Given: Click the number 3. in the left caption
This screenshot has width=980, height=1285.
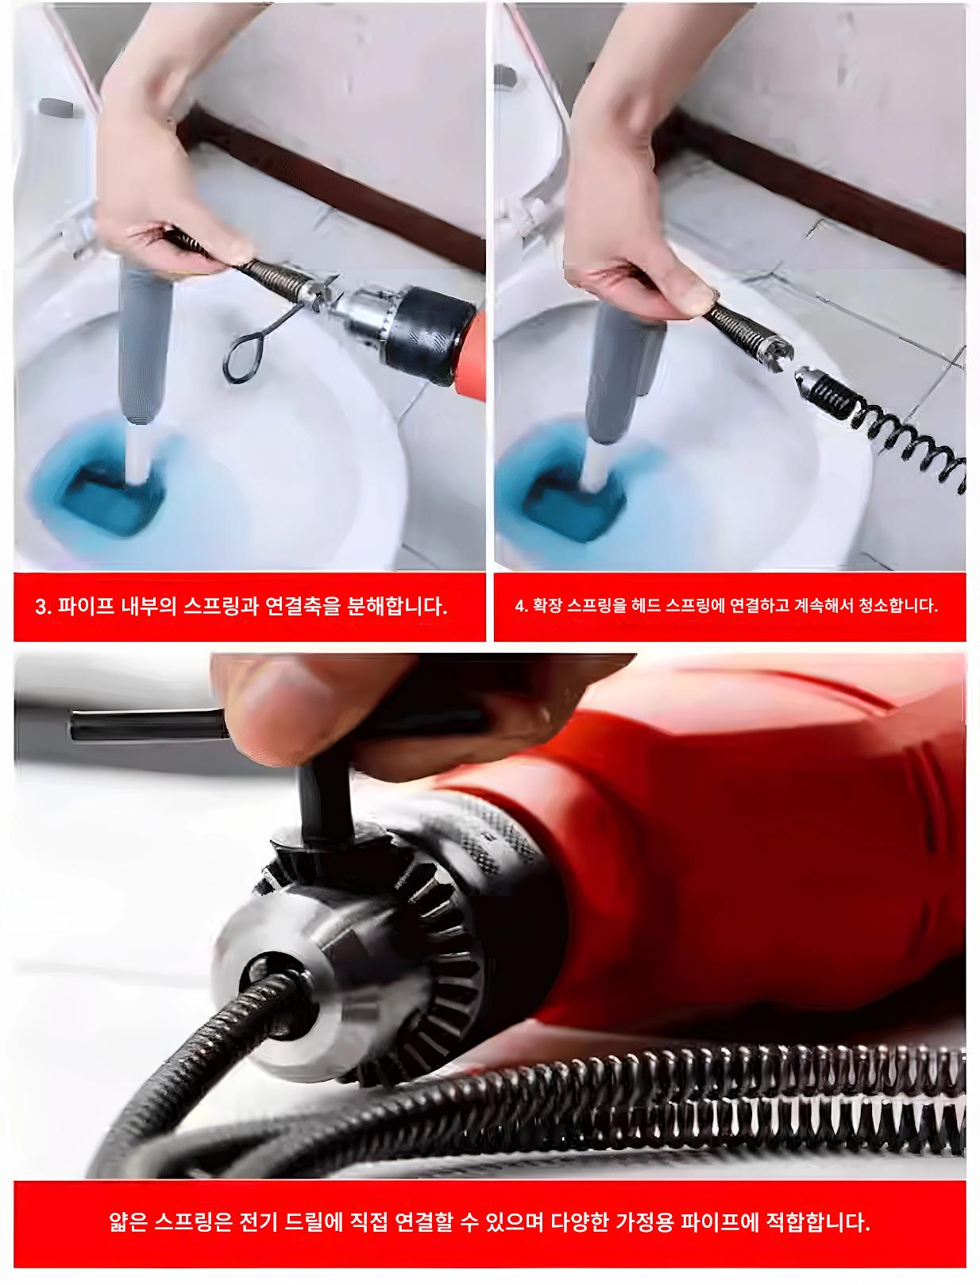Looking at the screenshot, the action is point(42,607).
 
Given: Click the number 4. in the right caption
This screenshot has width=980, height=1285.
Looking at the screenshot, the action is point(521,606).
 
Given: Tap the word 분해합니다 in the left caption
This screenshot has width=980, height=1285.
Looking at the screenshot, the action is point(396,607).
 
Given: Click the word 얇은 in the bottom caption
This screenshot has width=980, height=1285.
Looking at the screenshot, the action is point(129,1221).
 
